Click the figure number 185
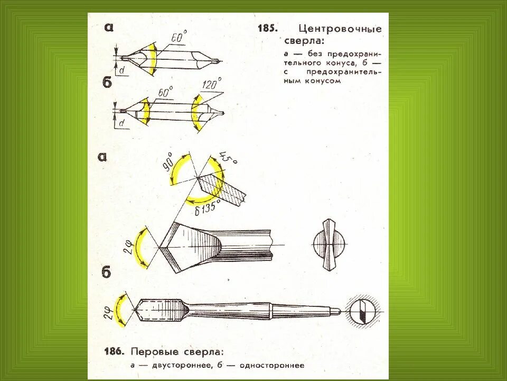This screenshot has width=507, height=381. tap(267, 29)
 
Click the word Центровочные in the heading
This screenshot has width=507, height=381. tap(340, 29)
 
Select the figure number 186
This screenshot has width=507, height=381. tap(113, 351)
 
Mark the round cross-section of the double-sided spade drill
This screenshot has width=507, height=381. tap(328, 244)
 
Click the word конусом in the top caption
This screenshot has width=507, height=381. tap(323, 81)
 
